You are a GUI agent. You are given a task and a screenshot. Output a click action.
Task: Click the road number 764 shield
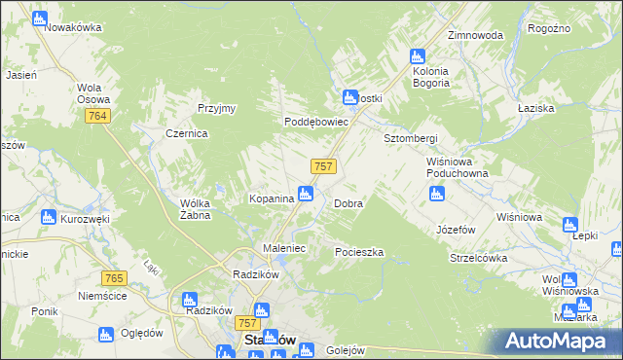[96, 116]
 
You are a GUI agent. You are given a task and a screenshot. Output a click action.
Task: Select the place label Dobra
[348, 204]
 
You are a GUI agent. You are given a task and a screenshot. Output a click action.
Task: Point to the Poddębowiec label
[315, 122]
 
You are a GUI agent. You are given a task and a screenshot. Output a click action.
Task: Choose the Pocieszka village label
[359, 252]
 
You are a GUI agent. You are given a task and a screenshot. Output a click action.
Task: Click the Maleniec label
[285, 248]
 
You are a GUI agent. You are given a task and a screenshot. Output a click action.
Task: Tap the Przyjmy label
[216, 108]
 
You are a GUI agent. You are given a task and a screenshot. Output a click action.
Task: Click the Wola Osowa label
[94, 92]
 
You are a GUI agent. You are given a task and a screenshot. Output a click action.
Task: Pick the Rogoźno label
[548, 29]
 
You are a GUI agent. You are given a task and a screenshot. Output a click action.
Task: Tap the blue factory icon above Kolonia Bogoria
[418, 56]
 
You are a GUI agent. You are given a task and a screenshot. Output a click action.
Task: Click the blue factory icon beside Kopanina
[306, 194]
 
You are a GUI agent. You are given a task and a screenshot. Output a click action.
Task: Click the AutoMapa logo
[558, 342]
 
